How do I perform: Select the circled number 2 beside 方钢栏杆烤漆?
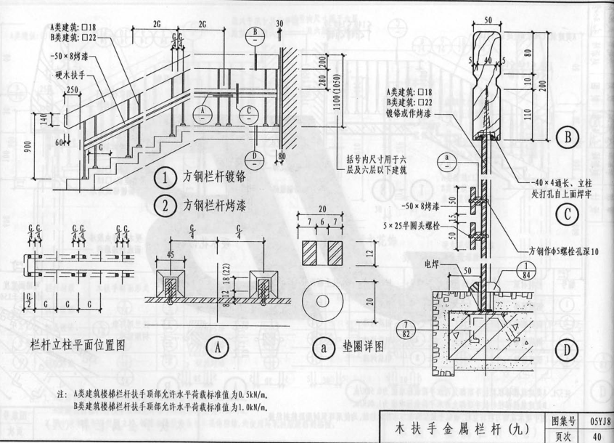coord(167,205)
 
